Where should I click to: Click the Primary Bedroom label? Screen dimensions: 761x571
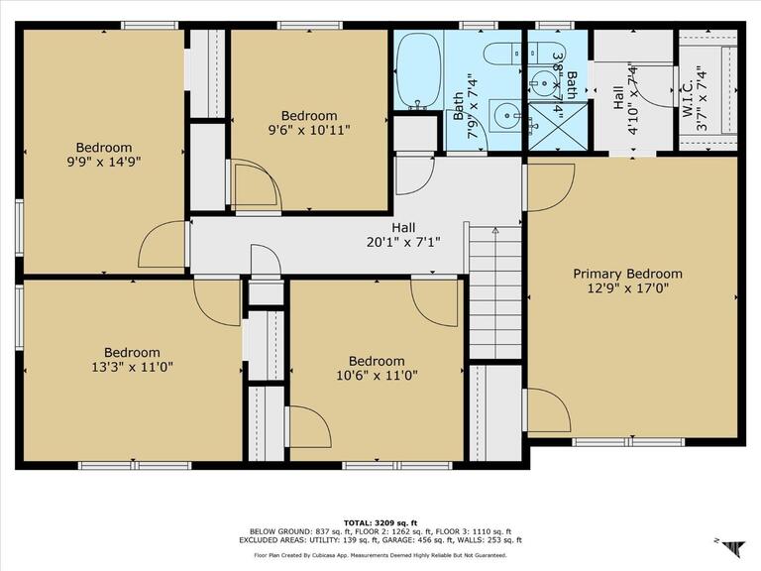[x=627, y=274]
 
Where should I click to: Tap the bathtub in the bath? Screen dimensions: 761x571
[x=419, y=71]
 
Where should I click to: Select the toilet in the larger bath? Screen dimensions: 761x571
[x=502, y=54]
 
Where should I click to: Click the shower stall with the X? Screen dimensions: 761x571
[x=557, y=126]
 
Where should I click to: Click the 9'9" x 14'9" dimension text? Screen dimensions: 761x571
[x=104, y=162]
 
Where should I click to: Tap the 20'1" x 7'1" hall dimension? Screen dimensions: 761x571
[x=403, y=242]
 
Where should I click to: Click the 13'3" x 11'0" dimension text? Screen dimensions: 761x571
[x=132, y=367]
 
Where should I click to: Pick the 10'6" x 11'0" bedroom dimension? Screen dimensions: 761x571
[x=377, y=376]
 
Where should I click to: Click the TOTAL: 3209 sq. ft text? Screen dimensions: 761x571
[x=380, y=523]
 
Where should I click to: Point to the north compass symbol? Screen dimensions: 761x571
[x=733, y=547]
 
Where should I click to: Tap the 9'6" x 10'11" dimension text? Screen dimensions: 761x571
[x=309, y=130]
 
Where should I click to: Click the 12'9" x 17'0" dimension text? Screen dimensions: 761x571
[x=628, y=288]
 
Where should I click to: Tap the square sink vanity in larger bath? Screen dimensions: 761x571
[x=504, y=116]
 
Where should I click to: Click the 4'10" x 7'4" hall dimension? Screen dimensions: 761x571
[x=631, y=99]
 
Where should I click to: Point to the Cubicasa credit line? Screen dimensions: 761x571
[x=380, y=555]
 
